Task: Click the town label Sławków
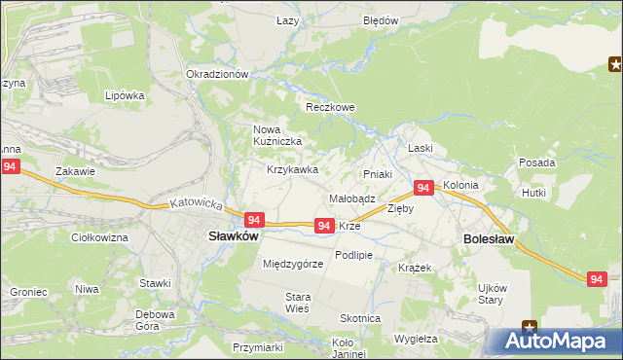pos(233,235)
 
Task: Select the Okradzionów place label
pos(218,74)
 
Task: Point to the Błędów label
pos(380,20)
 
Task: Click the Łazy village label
pos(287,20)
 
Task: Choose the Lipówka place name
pos(125,95)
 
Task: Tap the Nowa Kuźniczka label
pos(277,135)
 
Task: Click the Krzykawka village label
pos(293,169)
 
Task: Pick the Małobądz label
pos(352,198)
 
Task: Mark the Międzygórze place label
pos(293,264)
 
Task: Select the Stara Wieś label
pos(297,302)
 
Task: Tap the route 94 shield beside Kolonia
pos(423,188)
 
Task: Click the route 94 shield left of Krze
pos(325,226)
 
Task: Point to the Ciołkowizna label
pos(100,236)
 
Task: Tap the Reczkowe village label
pos(328,107)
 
